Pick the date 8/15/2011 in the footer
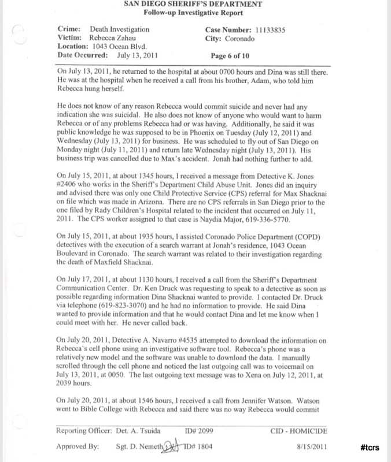(312, 447)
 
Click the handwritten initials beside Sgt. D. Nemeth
(172, 446)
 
